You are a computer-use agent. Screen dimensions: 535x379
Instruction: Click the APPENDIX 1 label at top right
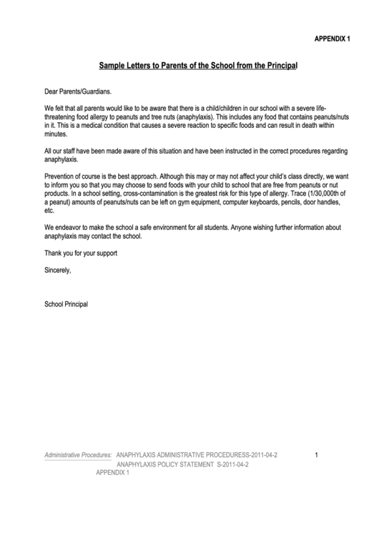[332, 39]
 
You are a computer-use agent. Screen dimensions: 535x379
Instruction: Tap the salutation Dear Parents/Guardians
[78, 92]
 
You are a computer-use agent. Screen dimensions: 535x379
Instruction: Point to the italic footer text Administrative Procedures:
[78, 455]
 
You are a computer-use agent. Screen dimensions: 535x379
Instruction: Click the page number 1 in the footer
[316, 455]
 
